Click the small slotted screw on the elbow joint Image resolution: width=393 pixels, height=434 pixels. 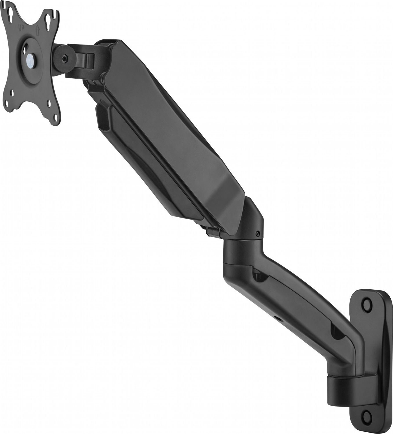pos(257,234)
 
